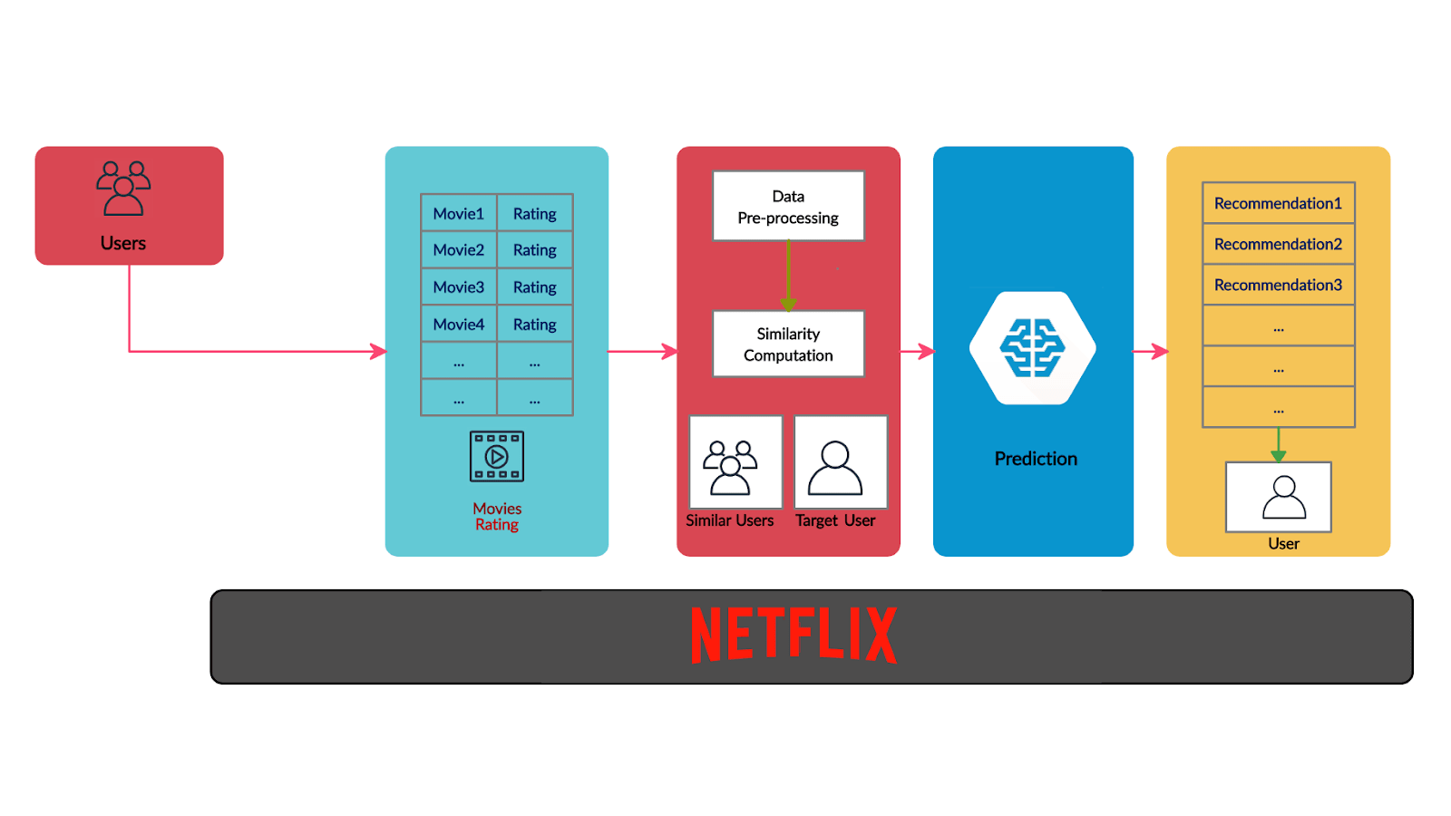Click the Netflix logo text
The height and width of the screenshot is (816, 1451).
[794, 635]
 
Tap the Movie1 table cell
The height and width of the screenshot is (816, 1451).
[459, 214]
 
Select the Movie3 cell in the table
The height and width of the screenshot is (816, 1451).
[459, 287]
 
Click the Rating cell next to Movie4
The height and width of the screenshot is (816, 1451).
[535, 325]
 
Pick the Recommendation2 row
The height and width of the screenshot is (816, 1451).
[1278, 244]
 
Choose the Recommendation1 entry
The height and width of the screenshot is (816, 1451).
[1278, 203]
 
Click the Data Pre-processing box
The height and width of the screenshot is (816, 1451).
[788, 207]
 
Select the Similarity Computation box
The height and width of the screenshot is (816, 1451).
[788, 345]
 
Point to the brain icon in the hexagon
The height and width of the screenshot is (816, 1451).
[1032, 347]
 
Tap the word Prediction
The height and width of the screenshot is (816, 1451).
[1036, 459]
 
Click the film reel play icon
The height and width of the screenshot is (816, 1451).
[497, 456]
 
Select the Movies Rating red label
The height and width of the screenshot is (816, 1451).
[497, 517]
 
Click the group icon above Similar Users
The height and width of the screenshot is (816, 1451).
[731, 467]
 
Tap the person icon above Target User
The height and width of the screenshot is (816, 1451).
[835, 468]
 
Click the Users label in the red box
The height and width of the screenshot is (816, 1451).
[123, 243]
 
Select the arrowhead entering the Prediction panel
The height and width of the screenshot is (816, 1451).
[927, 351]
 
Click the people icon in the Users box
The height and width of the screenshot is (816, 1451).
[123, 189]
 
